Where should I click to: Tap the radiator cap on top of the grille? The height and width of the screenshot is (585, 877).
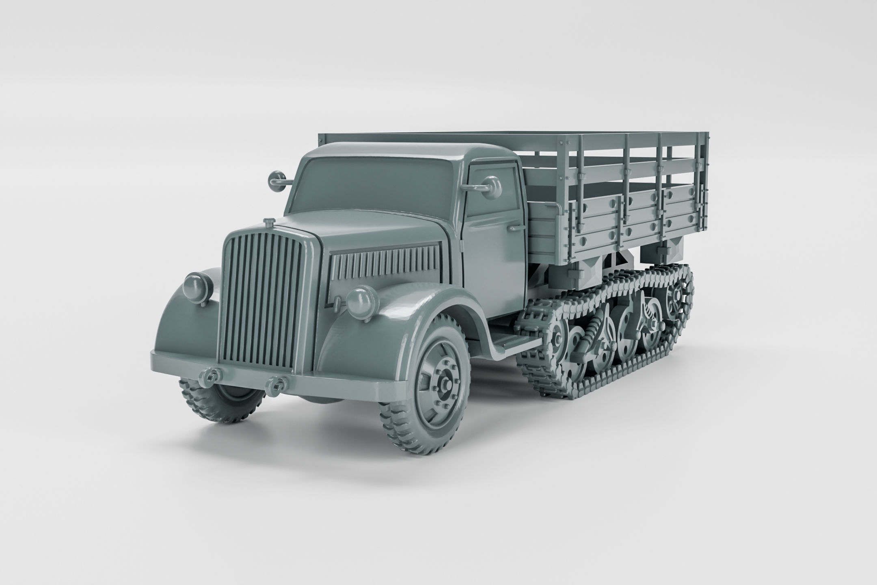click(x=268, y=222)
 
